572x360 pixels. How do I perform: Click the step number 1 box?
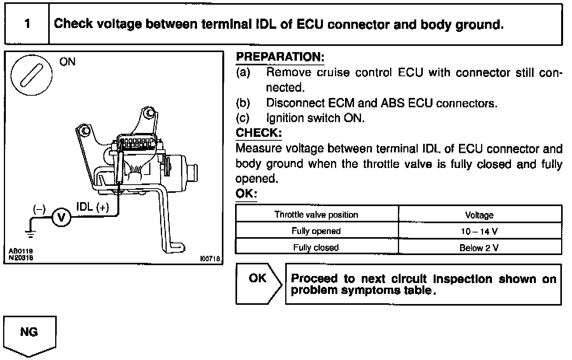coord(27,24)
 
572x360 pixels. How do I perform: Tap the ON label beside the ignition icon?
coord(68,62)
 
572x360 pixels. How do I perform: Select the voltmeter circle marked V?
coord(61,217)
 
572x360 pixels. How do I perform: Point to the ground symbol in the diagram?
coord(30,233)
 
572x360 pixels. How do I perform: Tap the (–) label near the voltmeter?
coord(39,210)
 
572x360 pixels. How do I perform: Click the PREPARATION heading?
coord(280,57)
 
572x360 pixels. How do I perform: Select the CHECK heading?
coord(259,133)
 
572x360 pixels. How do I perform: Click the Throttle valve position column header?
coord(316,215)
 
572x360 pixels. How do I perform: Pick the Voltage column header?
coord(479,215)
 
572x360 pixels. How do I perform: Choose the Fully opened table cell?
coord(316,231)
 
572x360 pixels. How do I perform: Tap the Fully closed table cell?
coord(316,247)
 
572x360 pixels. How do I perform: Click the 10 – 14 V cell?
coord(479,231)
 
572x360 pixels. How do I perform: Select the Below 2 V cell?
coord(479,248)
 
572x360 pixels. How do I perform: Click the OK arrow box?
coord(258,284)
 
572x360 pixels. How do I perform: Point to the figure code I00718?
coord(210,258)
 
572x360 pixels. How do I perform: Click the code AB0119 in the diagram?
coord(21,252)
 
